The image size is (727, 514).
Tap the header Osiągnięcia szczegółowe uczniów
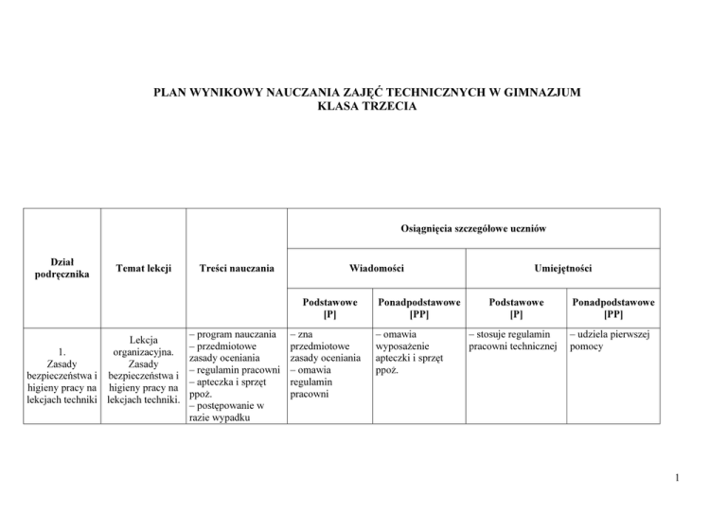(470, 228)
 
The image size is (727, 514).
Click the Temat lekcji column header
(143, 269)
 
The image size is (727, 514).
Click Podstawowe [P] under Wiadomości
(329, 308)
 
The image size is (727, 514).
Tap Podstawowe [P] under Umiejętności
(514, 308)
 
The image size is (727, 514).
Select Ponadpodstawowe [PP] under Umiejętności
(611, 308)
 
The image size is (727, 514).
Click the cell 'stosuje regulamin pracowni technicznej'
(513, 341)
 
